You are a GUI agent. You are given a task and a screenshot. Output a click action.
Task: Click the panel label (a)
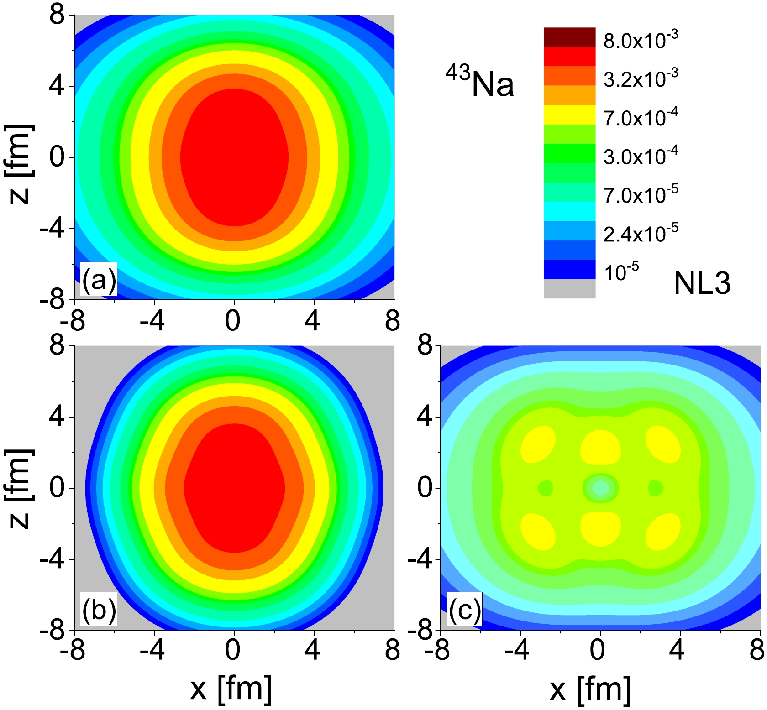coord(99,280)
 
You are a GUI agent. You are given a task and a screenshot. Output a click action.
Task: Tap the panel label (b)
coord(99,609)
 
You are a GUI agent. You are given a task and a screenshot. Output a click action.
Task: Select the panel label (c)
coord(465,609)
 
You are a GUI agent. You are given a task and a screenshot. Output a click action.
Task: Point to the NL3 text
coord(702,283)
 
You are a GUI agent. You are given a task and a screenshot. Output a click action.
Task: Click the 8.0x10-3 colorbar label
coord(641,40)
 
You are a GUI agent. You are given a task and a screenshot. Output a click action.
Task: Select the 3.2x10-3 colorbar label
coord(641,78)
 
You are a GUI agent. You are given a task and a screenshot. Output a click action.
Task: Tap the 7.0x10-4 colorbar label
coord(641,117)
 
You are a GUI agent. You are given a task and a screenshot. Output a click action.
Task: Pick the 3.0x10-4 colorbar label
coord(641,156)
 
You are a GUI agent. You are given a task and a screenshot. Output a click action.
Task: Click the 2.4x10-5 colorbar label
coord(641,233)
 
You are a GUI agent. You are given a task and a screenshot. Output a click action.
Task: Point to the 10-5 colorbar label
coord(621,272)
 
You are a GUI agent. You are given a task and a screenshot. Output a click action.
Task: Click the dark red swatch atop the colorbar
coord(569,37)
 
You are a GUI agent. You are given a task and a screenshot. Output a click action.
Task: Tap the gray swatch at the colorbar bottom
coord(569,288)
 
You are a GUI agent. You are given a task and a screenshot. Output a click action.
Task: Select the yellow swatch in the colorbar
coord(569,115)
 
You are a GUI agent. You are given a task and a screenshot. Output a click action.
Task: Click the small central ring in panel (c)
coord(600,488)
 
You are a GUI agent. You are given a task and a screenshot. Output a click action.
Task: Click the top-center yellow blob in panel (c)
coord(600,446)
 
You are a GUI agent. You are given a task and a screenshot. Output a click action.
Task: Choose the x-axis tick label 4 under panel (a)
coord(313,320)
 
